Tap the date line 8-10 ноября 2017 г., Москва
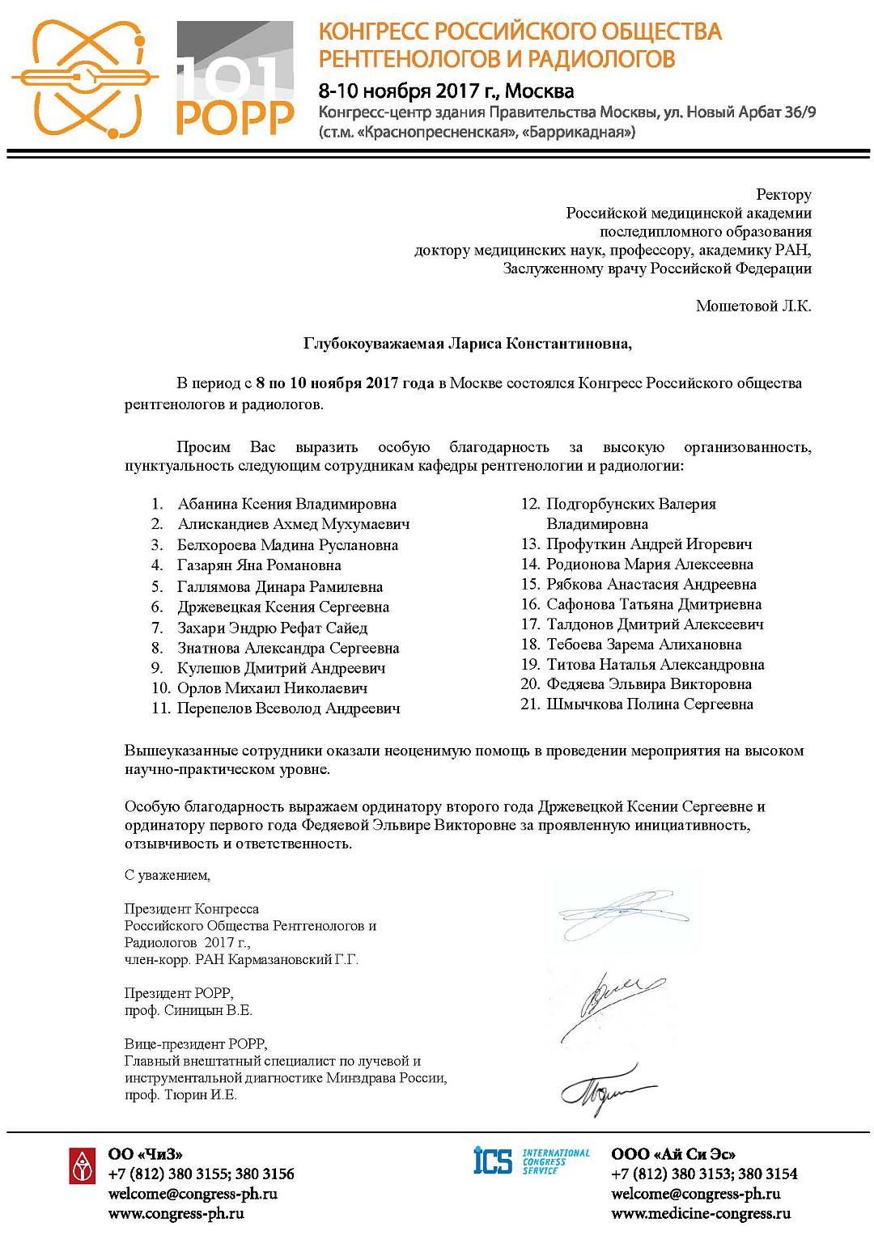tap(446, 90)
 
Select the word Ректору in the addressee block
tap(783, 194)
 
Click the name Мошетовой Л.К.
tap(753, 306)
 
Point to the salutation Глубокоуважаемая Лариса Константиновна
tap(468, 344)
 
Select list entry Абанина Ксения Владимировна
tap(286, 504)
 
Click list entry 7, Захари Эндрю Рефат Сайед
tap(272, 628)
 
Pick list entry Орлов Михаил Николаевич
tap(272, 688)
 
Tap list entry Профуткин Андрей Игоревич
tap(649, 544)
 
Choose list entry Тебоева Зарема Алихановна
tap(643, 645)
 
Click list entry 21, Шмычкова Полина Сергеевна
tap(650, 704)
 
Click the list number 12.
tap(530, 504)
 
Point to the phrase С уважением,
tap(168, 875)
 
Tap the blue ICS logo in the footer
tap(493, 1161)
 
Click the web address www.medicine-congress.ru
tap(701, 1213)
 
